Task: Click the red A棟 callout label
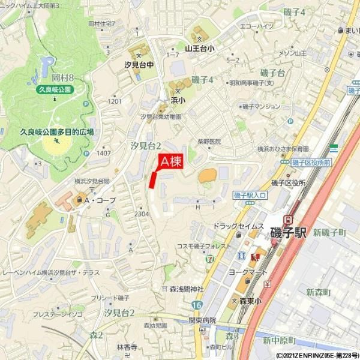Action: (170, 161)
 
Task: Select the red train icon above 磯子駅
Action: (289, 220)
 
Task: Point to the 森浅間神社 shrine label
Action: (187, 289)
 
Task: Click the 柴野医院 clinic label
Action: (209, 142)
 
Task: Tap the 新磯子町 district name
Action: (330, 232)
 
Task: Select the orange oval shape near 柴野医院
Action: (208, 176)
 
